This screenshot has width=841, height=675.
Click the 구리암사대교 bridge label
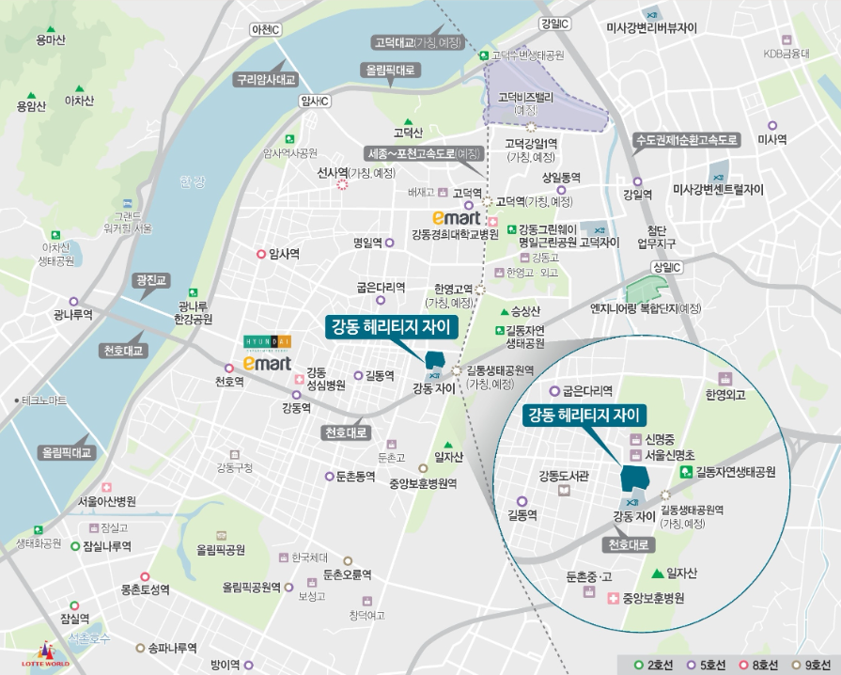point(266,80)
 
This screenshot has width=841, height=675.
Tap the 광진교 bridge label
point(150,279)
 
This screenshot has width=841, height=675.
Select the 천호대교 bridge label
point(123,350)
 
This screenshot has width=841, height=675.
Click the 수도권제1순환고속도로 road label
point(689,139)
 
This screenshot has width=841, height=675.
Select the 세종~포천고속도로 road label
point(424,152)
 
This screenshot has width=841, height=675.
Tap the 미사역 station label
point(771,139)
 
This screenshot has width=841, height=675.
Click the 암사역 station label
point(283,254)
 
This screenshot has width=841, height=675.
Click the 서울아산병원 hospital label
point(107,501)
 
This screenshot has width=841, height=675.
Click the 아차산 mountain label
point(79,101)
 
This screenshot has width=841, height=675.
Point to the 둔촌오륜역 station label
point(347,573)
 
